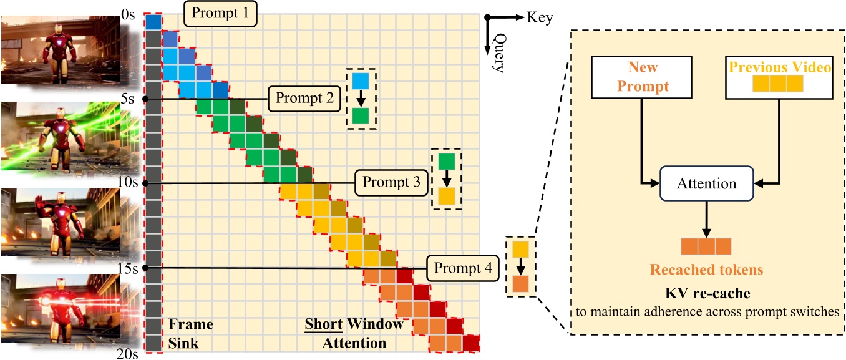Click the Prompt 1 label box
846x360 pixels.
coord(220,13)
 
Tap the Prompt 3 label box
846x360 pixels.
coord(391,183)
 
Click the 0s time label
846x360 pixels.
coord(129,14)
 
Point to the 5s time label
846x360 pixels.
coord(127,99)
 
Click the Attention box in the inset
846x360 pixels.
coord(707,183)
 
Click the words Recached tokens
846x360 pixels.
coord(707,270)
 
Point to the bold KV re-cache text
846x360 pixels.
coord(707,293)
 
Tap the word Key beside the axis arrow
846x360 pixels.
coord(540,17)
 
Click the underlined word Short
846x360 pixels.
coord(323,324)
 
